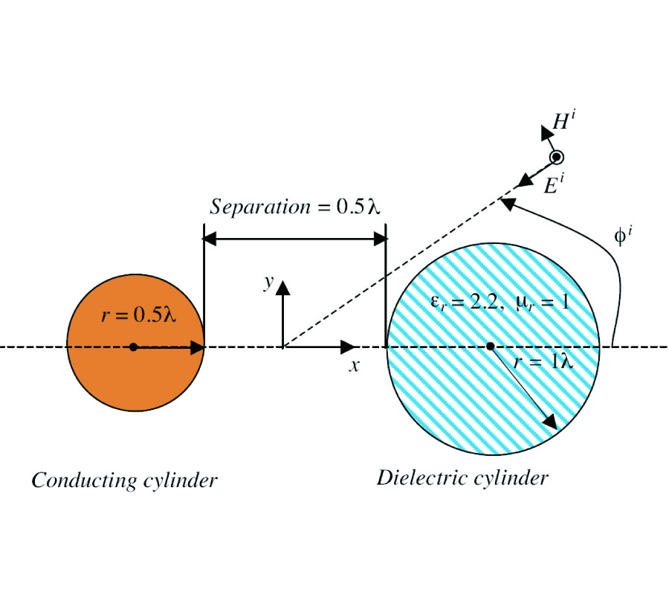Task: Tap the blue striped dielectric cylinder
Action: coord(446,394)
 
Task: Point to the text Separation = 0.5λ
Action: coord(295,207)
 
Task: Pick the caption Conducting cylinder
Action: coord(124,480)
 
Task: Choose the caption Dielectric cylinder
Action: coord(462,477)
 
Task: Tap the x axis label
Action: coord(355,365)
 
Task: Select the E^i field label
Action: coord(552,184)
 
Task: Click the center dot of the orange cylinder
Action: coord(134,347)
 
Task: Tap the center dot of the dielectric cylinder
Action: coord(490,347)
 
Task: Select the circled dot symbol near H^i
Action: coord(557,158)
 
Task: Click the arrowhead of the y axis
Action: coord(282,286)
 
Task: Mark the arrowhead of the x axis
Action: coord(348,347)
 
